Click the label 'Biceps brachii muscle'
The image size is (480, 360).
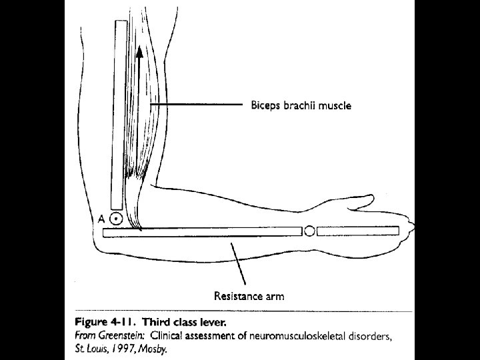pos(300,105)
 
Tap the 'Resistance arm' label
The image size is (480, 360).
pos(249,296)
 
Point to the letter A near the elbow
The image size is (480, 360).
pos(101,218)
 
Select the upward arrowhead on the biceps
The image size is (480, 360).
pos(139,51)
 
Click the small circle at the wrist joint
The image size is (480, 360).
pos(309,231)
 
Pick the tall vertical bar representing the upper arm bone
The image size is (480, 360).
pos(120,113)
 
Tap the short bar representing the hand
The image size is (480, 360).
pos(357,231)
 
